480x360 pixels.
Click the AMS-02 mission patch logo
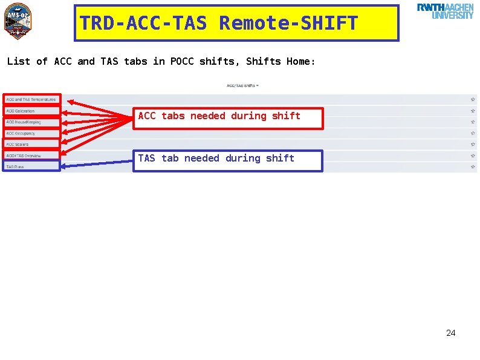17,22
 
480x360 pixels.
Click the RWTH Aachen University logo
445,11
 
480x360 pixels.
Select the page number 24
450,333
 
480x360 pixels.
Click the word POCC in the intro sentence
182,61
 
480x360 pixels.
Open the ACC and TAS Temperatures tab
31,99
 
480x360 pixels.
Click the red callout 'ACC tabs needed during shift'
228,118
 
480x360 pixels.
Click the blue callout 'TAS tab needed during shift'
227,160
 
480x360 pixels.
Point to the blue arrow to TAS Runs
97,163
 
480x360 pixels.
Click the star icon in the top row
472,99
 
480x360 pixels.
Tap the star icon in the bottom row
472,166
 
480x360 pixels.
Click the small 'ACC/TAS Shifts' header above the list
242,85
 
